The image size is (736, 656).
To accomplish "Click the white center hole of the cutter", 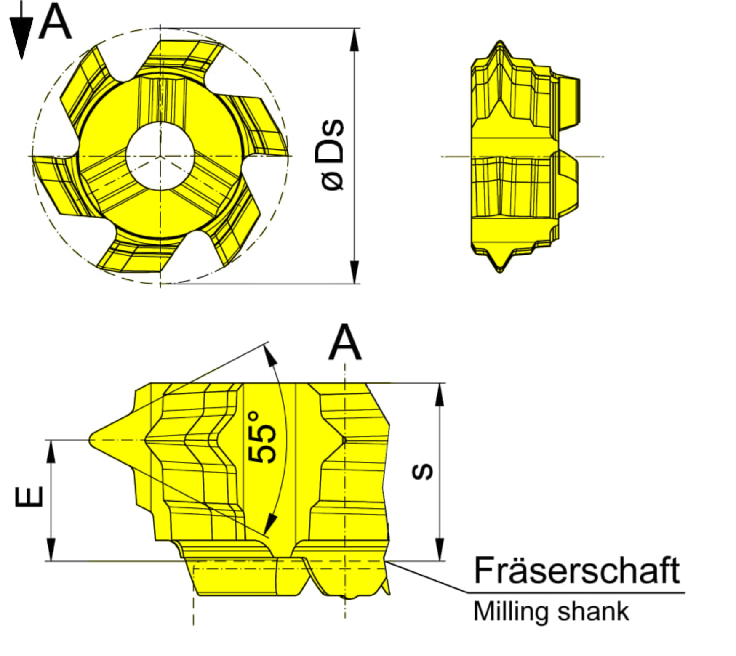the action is pyautogui.click(x=160, y=156).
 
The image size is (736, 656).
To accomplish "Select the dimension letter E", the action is pyautogui.click(x=29, y=497).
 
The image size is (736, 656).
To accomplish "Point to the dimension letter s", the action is pyautogui.click(x=422, y=471).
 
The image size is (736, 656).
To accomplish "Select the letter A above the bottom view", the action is pyautogui.click(x=345, y=342).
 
